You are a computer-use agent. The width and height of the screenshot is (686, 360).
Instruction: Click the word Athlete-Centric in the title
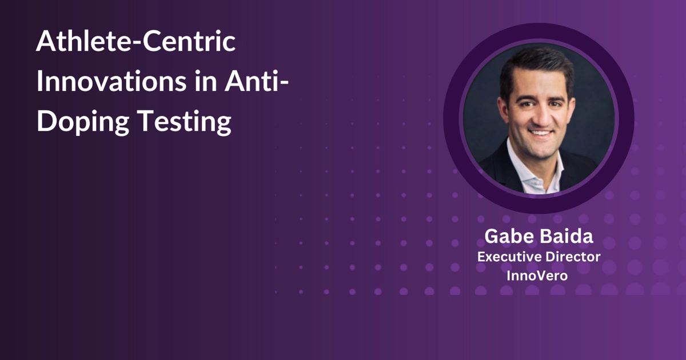click(x=135, y=43)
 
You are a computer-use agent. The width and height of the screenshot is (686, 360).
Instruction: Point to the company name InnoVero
click(x=539, y=275)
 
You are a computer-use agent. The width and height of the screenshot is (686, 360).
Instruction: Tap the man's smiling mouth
click(x=540, y=134)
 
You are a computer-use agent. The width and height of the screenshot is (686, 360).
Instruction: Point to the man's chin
click(x=540, y=150)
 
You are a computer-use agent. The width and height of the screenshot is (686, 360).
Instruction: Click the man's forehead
click(x=537, y=83)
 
